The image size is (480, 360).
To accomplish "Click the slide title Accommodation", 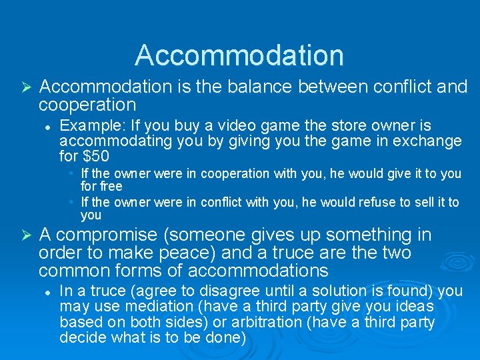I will (239, 55).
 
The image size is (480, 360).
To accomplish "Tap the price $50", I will (96, 157).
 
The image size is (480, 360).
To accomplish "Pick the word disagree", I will (223, 291).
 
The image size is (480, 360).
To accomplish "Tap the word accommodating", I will (116, 141).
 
